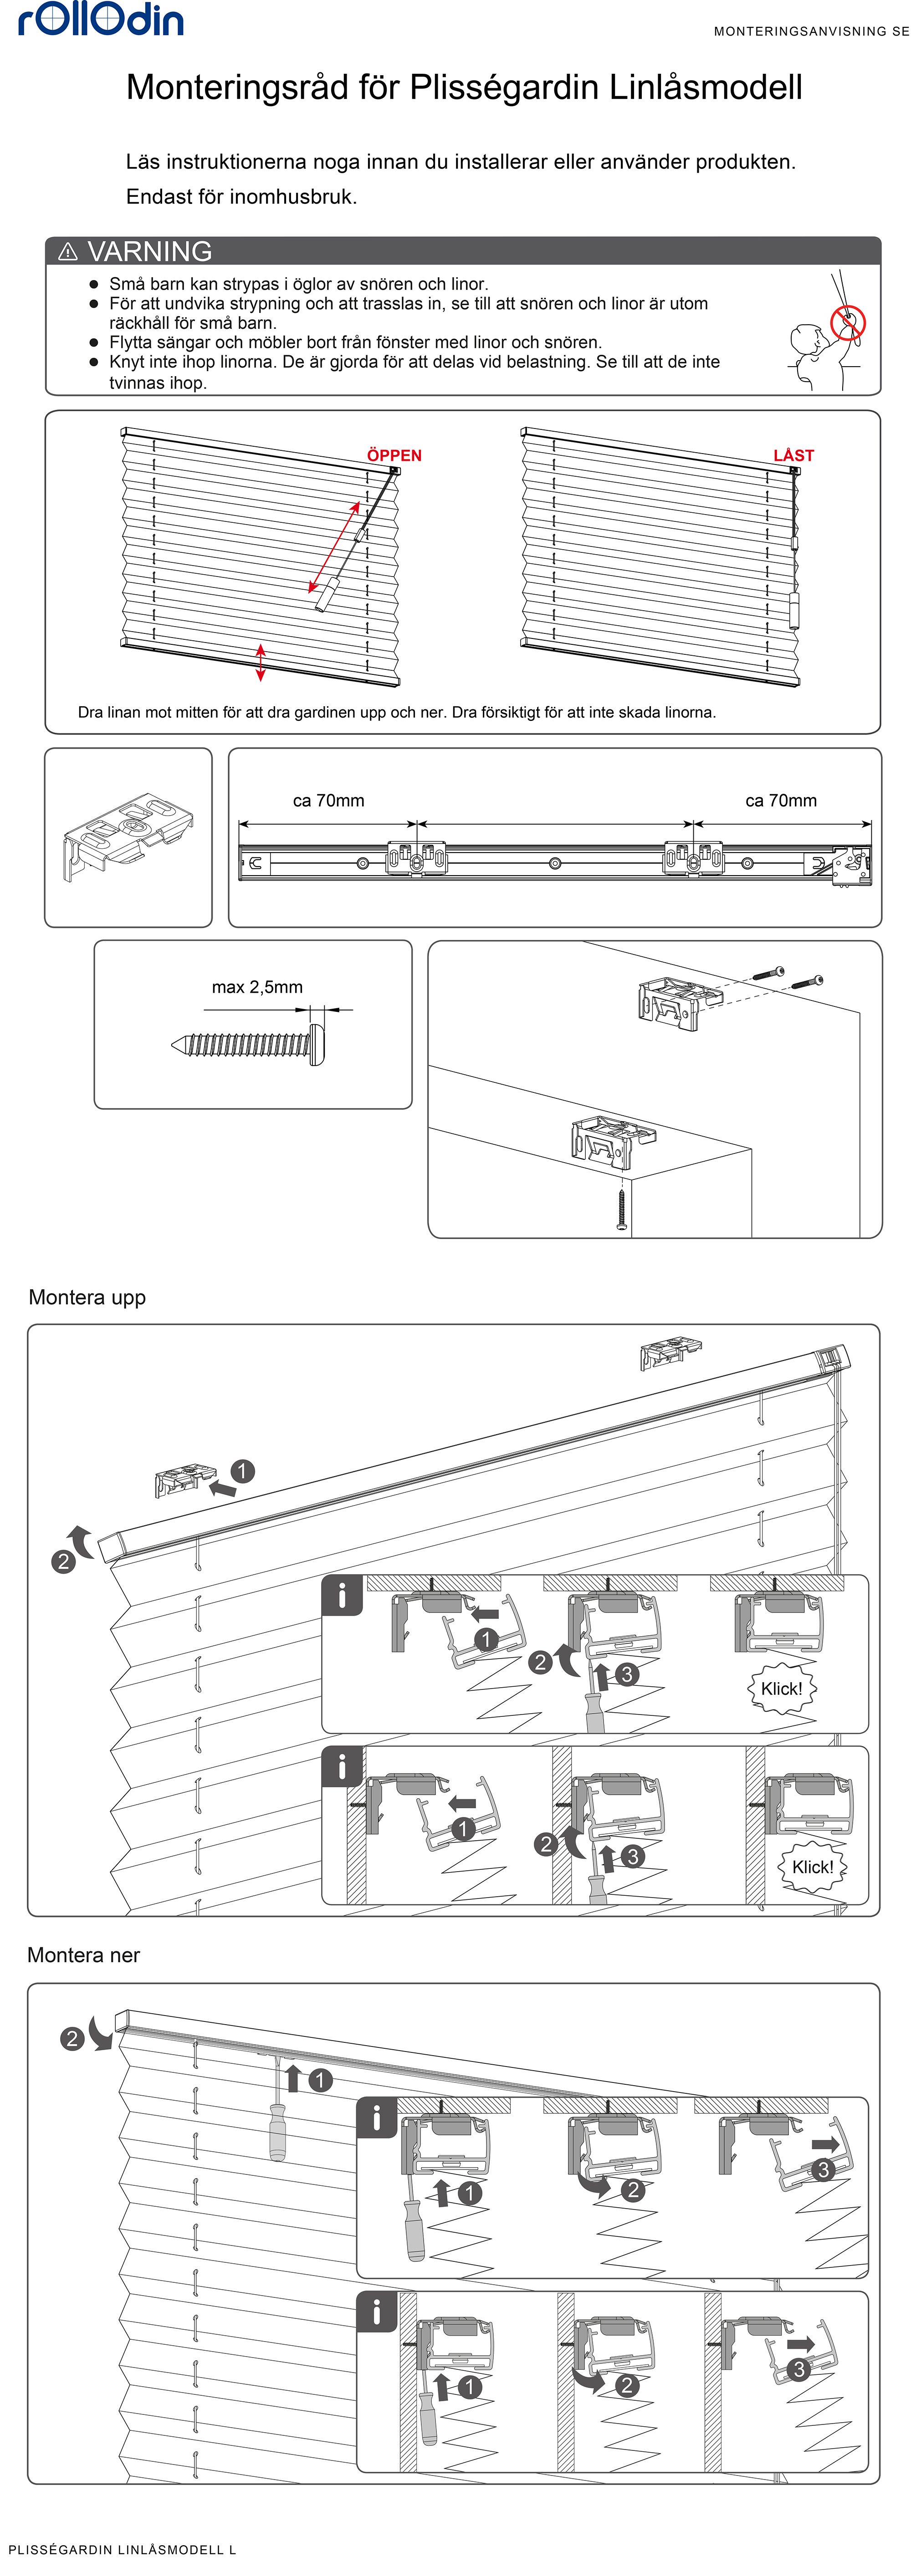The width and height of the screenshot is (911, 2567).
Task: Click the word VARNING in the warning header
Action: [149, 251]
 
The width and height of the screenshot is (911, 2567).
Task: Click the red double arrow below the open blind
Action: [261, 663]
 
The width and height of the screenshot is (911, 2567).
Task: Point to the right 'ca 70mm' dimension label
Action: [780, 800]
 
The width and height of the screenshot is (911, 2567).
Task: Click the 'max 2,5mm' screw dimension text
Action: [257, 986]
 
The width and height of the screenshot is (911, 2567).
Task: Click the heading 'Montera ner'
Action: [84, 1955]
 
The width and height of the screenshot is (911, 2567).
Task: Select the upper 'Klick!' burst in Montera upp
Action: [782, 1688]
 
